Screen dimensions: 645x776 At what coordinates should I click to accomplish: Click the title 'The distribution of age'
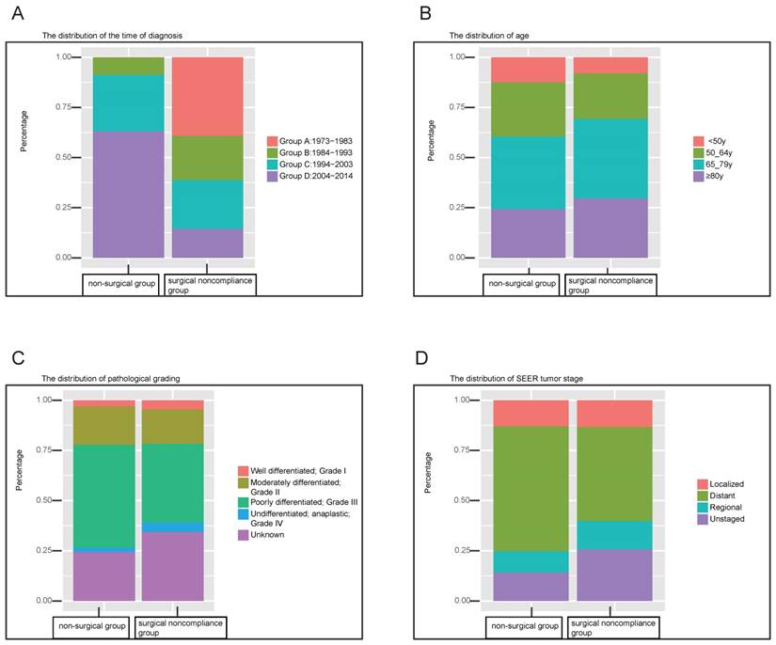(x=484, y=36)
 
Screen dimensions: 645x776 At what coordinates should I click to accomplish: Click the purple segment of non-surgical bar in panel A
(x=128, y=194)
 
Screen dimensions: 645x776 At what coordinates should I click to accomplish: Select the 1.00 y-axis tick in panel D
(x=465, y=400)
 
